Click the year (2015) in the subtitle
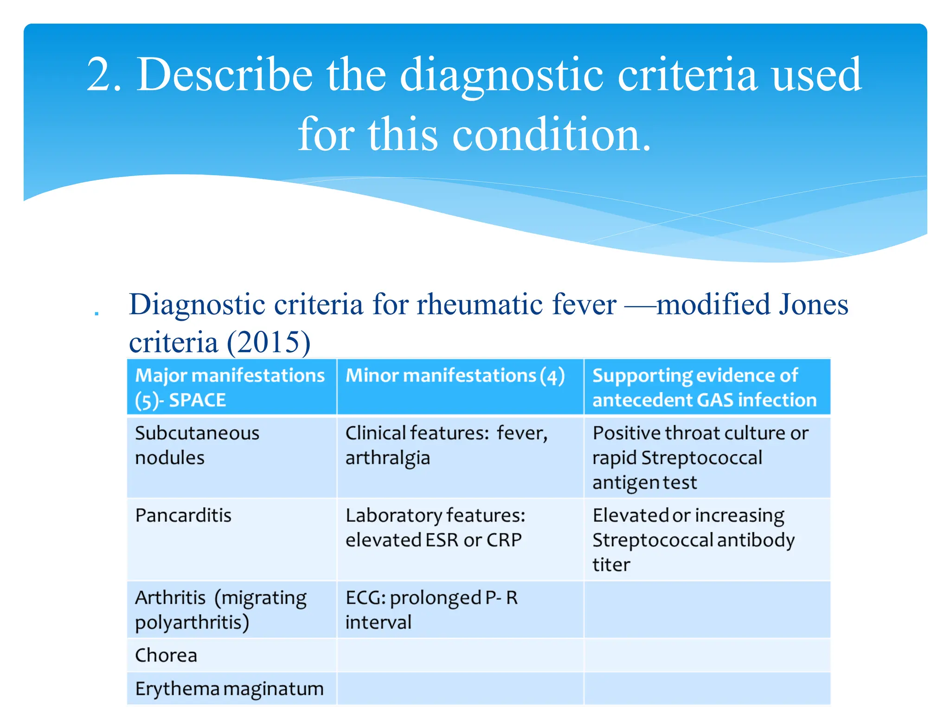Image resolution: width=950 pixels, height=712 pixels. click(268, 343)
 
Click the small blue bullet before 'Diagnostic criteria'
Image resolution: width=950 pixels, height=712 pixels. click(96, 314)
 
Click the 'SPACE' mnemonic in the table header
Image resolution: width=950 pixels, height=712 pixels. click(197, 400)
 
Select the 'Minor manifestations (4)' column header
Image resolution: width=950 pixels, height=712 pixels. click(455, 376)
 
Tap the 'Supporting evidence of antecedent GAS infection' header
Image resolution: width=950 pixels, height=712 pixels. click(704, 388)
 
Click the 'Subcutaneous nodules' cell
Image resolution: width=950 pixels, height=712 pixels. click(197, 445)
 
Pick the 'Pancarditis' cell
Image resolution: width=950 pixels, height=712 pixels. click(183, 515)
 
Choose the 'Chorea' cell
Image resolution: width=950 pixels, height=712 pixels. click(166, 655)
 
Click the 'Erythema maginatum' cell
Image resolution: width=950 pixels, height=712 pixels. click(229, 689)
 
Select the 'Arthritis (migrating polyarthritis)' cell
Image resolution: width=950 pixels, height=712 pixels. click(221, 610)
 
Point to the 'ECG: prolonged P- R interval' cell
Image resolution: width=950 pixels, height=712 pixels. click(431, 610)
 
